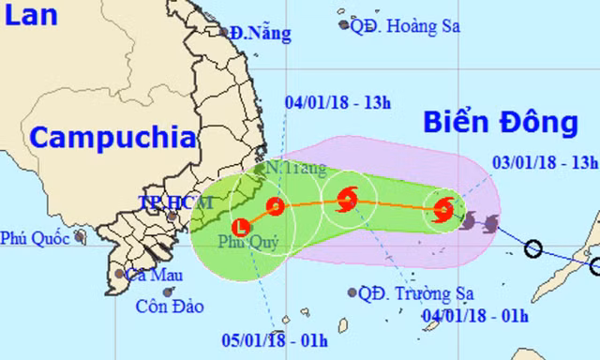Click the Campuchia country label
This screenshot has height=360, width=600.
click(x=112, y=138)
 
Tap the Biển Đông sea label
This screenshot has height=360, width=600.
click(x=498, y=121)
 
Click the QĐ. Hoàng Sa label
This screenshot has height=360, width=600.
click(x=404, y=25)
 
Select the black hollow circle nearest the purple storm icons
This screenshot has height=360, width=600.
click(x=532, y=248)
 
